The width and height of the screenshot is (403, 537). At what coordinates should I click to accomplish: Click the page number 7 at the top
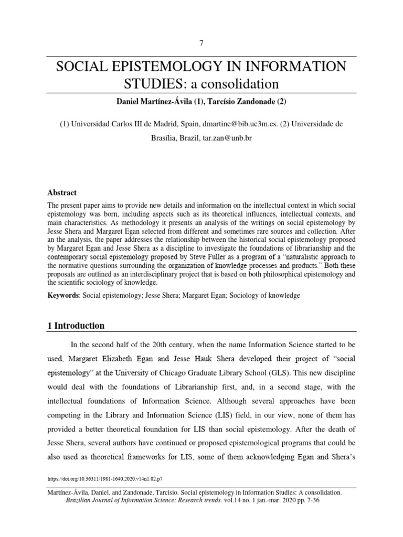[201, 42]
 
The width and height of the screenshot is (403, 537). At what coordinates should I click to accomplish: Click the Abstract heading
[62, 192]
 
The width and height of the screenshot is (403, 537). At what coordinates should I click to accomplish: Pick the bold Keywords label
[62, 296]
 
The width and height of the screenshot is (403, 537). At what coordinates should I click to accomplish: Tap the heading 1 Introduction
[76, 326]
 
